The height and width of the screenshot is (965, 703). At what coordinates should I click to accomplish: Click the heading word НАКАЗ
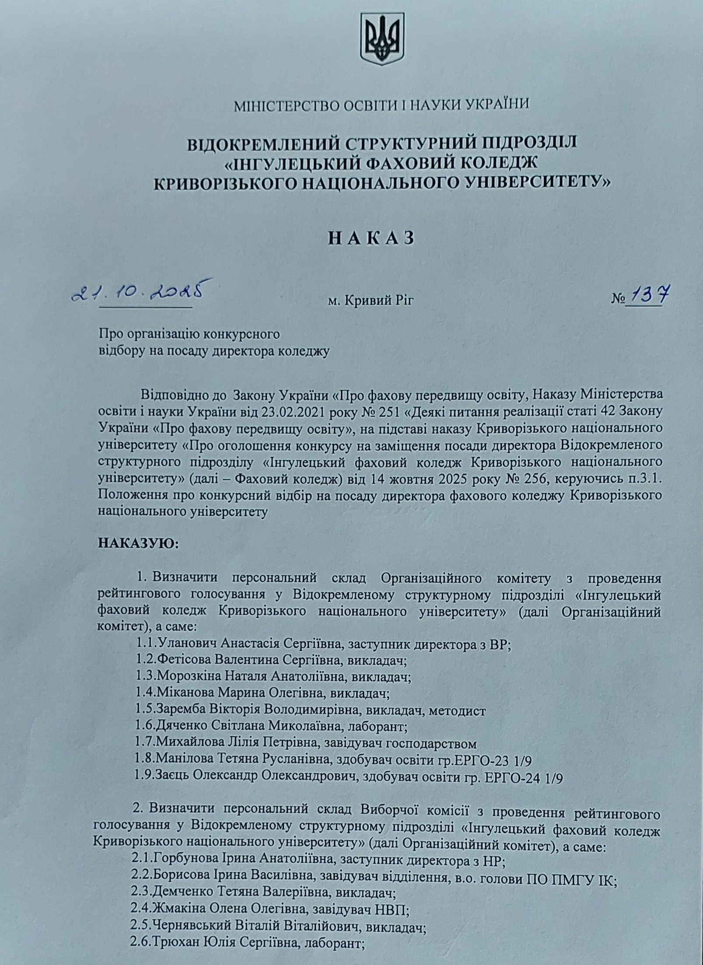pos(370,239)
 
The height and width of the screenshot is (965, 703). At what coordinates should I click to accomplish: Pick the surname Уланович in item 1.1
pos(189,644)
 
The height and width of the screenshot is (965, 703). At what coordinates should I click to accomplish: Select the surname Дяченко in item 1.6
pos(182,728)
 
